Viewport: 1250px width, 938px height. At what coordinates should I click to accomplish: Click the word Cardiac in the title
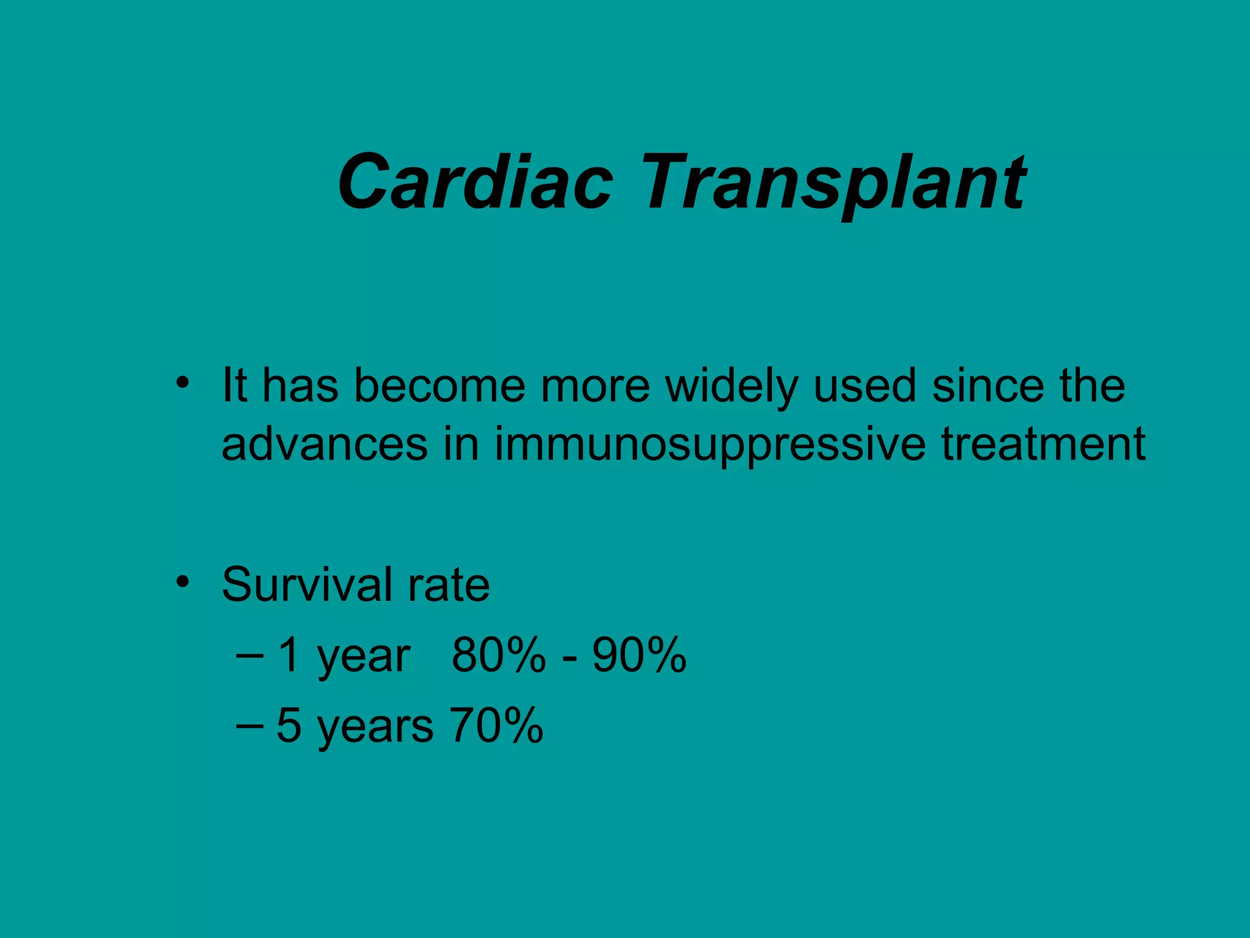475,182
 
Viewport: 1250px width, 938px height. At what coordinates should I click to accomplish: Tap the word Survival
307,584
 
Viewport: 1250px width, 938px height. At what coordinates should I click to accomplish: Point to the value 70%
496,725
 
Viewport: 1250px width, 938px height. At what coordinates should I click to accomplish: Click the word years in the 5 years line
375,728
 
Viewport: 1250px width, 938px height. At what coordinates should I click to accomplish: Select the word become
439,386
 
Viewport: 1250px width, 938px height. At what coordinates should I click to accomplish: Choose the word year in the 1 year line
363,658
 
